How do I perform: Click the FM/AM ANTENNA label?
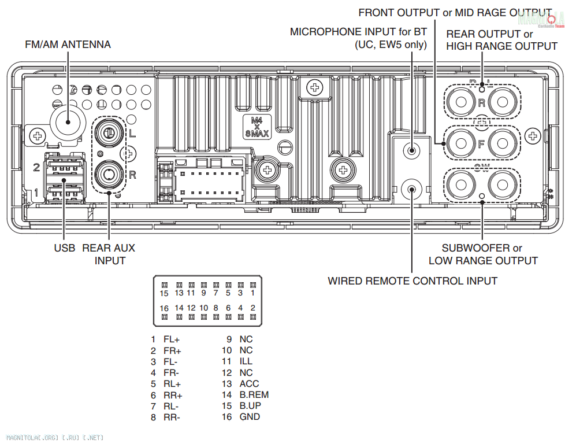pyautogui.click(x=68, y=45)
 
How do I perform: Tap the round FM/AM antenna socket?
pyautogui.click(x=68, y=121)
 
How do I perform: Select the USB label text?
pyautogui.click(x=65, y=248)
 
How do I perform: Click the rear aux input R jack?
pyautogui.click(x=108, y=173)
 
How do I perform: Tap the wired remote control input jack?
pyautogui.click(x=411, y=189)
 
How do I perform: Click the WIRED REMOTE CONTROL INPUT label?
pyautogui.click(x=413, y=281)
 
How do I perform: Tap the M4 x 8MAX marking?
pyautogui.click(x=257, y=127)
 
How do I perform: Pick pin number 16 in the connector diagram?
pyautogui.click(x=164, y=308)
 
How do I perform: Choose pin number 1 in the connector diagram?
pyautogui.click(x=252, y=293)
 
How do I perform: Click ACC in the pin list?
pyautogui.click(x=249, y=383)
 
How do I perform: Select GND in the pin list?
pyautogui.click(x=250, y=416)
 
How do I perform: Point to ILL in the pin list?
pyautogui.click(x=246, y=361)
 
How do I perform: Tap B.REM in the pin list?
pyautogui.click(x=254, y=394)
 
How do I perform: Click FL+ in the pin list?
pyautogui.click(x=172, y=339)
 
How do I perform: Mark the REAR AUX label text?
pyautogui.click(x=109, y=248)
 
